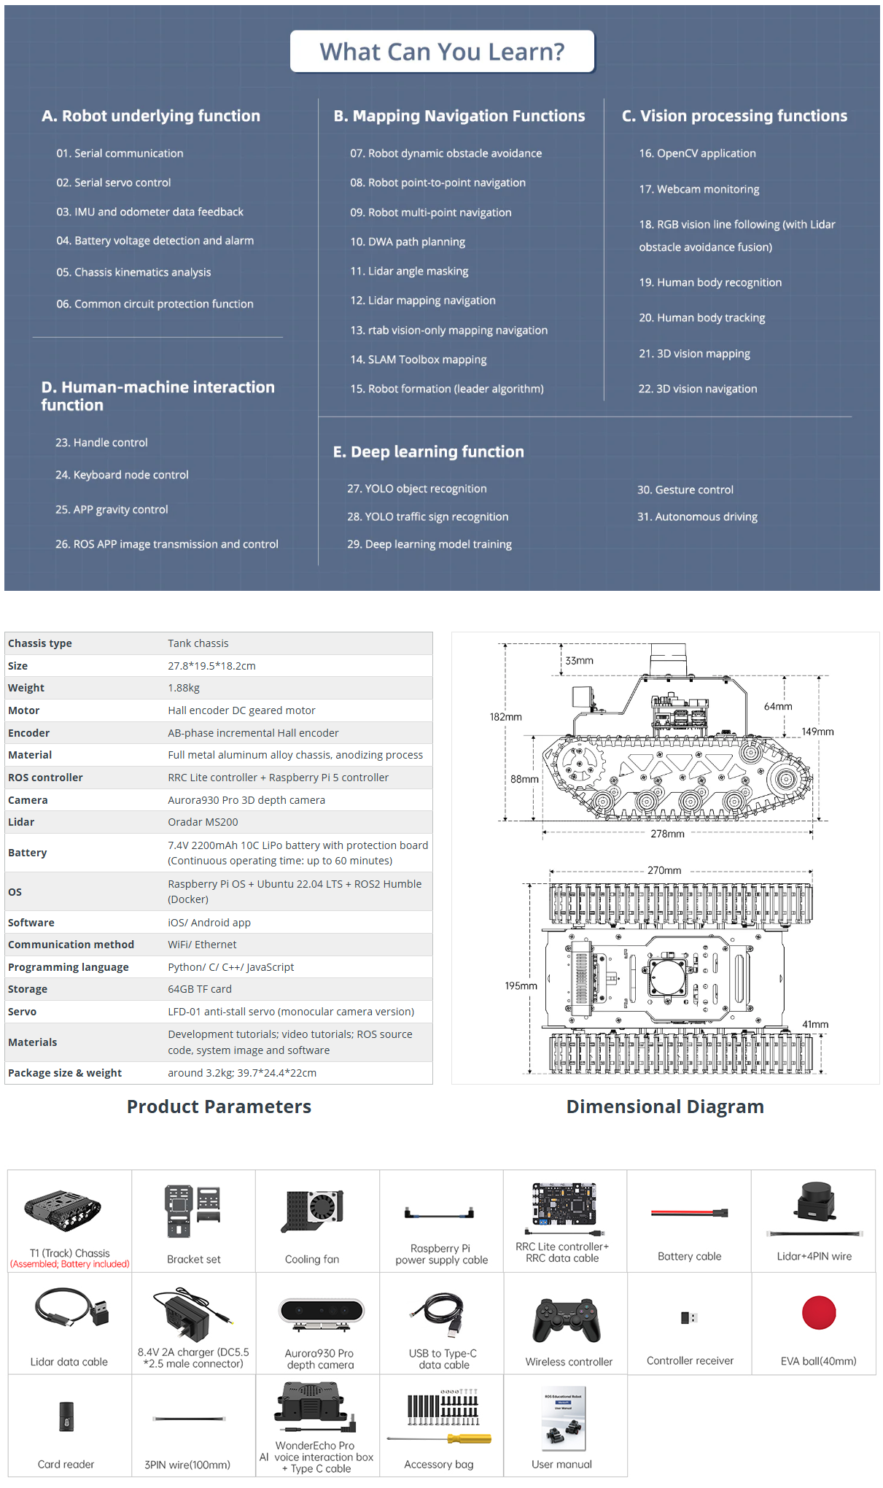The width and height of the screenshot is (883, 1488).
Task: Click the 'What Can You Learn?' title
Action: pyautogui.click(x=442, y=52)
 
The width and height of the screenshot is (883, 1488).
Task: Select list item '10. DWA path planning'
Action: pyautogui.click(x=407, y=242)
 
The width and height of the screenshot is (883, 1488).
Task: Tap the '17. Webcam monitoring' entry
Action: pyautogui.click(x=699, y=189)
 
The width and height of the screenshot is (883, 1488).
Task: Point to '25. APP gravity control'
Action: pyautogui.click(x=112, y=510)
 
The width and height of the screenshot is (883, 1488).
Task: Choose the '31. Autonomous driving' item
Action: pyautogui.click(x=697, y=517)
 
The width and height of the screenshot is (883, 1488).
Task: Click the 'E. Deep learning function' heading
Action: pyautogui.click(x=428, y=452)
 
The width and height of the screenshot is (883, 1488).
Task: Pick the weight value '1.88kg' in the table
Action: pyautogui.click(x=184, y=688)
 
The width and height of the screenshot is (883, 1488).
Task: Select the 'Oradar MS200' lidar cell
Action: pyautogui.click(x=203, y=822)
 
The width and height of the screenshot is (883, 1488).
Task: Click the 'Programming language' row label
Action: pyautogui.click(x=69, y=967)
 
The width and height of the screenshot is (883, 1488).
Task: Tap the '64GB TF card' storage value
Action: pyautogui.click(x=200, y=989)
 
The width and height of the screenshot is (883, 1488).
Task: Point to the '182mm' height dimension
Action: pyautogui.click(x=505, y=717)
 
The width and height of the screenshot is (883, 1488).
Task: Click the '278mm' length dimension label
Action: pyautogui.click(x=667, y=834)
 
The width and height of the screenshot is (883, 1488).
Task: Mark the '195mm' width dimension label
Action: pyautogui.click(x=521, y=986)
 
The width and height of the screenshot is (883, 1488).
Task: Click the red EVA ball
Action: pyautogui.click(x=818, y=1313)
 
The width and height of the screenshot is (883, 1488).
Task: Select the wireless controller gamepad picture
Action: pyautogui.click(x=567, y=1320)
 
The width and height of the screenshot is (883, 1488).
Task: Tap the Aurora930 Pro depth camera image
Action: pyautogui.click(x=321, y=1311)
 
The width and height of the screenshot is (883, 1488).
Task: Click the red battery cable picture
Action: pyautogui.click(x=689, y=1213)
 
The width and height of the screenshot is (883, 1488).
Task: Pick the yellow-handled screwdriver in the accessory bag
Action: pyautogui.click(x=467, y=1439)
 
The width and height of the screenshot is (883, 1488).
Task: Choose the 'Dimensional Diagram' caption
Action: pyautogui.click(x=665, y=1107)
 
